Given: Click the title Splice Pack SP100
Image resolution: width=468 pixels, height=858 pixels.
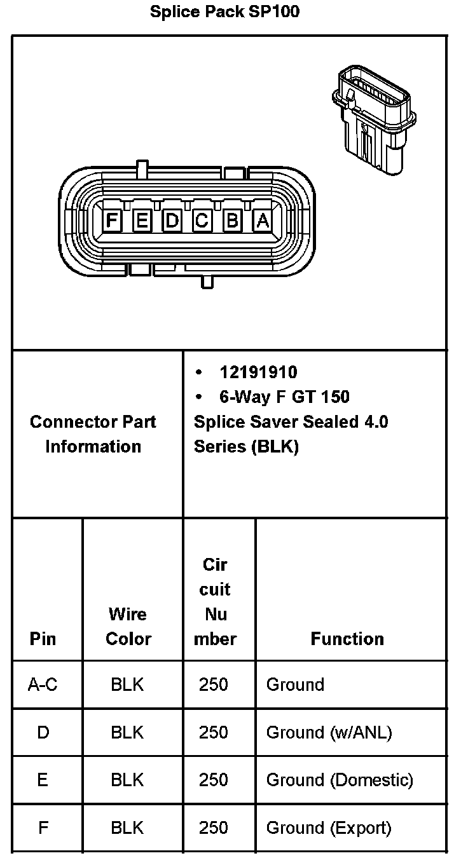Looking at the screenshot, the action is [x=224, y=12].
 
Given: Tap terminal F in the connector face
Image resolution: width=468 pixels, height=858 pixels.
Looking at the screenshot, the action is [x=112, y=221].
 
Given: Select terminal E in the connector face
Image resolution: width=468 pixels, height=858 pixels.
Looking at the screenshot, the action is [x=142, y=221].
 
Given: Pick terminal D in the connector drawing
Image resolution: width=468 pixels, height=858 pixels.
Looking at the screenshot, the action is [x=172, y=221].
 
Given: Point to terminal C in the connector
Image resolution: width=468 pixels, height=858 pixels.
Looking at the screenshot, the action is [x=202, y=221].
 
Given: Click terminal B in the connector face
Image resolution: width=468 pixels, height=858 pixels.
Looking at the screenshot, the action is [x=232, y=221].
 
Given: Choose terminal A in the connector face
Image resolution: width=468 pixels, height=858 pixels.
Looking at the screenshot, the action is [x=262, y=221].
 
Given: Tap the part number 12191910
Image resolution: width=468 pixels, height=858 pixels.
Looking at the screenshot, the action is [x=258, y=372].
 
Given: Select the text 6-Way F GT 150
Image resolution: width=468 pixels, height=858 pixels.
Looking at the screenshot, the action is [x=284, y=397].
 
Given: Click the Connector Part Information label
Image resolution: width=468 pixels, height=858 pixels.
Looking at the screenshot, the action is [x=93, y=434].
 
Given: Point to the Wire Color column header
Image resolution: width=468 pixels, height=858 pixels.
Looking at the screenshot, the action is [x=128, y=626].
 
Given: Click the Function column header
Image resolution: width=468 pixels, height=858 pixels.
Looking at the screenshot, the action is [x=347, y=639].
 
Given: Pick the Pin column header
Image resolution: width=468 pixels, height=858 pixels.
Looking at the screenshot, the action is [x=43, y=639].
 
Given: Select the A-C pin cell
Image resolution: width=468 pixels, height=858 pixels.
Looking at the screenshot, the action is [x=43, y=684].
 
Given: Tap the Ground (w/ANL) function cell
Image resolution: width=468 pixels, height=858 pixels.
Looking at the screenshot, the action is [x=329, y=732].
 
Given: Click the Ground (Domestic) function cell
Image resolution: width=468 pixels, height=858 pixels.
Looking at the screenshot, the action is [x=340, y=780].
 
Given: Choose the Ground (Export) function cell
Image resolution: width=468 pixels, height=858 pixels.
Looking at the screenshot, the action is [x=328, y=827].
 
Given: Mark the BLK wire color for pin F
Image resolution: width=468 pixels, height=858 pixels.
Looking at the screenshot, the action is [x=127, y=827].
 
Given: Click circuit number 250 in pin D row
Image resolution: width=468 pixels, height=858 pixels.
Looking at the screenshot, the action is [x=213, y=732].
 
